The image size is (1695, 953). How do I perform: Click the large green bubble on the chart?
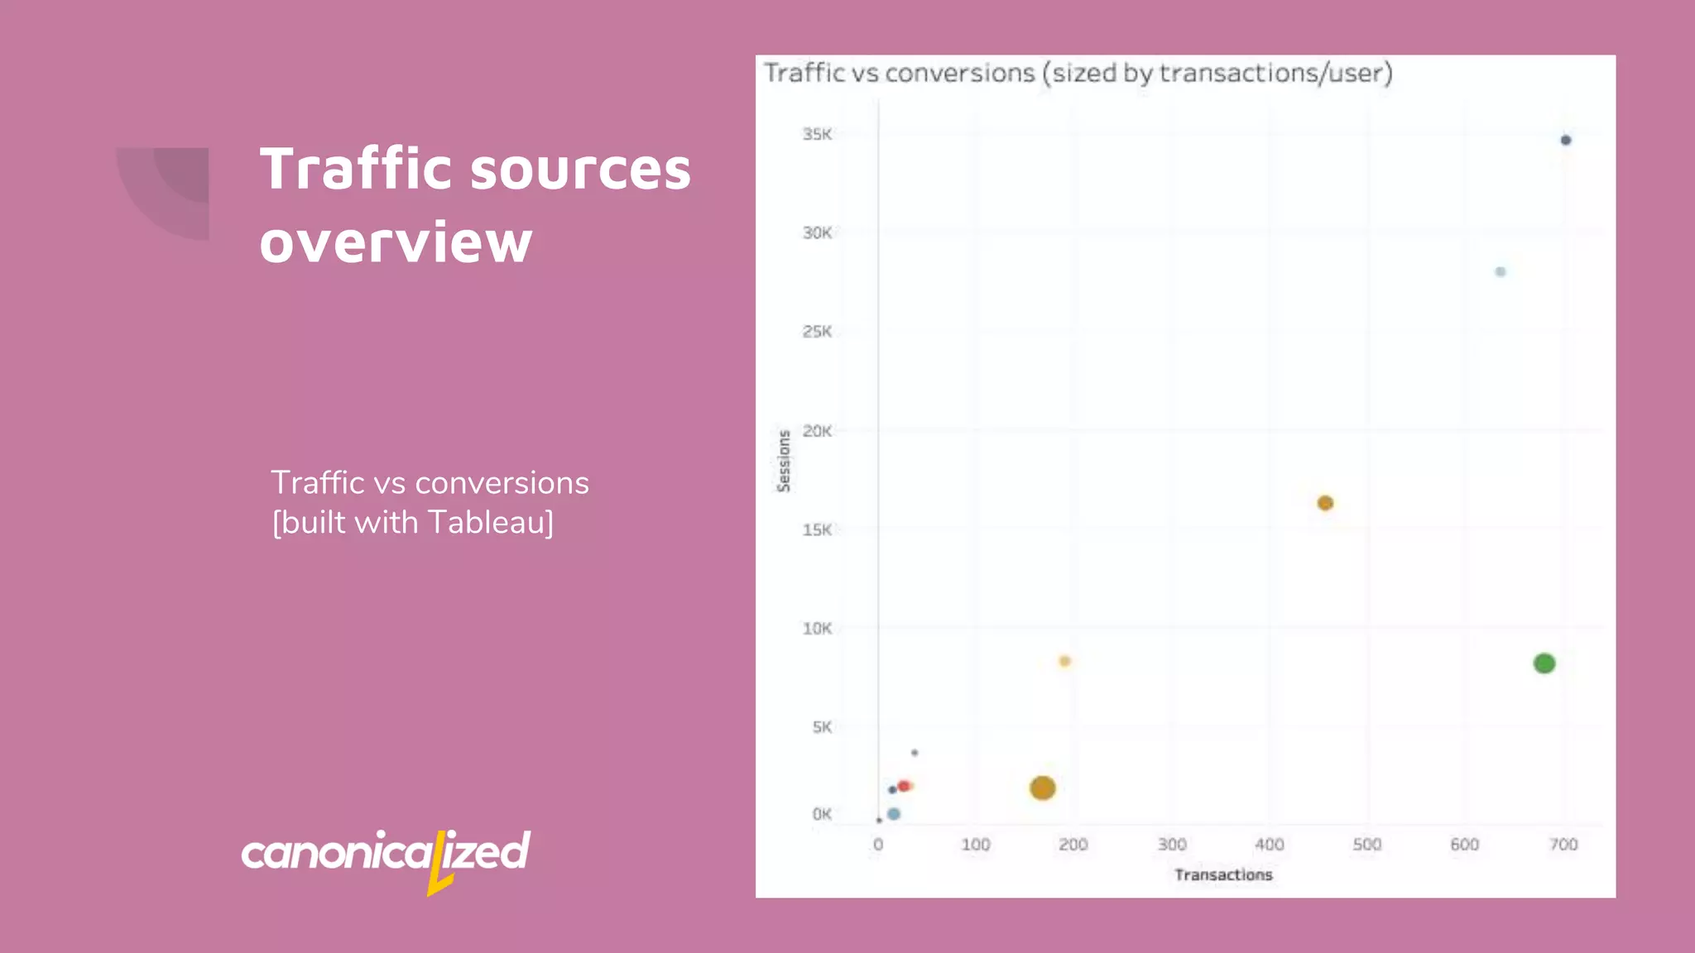[x=1544, y=663]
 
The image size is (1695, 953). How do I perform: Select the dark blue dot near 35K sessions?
[x=1565, y=141]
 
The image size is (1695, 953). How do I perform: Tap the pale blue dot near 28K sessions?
[x=1500, y=272]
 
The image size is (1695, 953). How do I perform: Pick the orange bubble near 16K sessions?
[x=1324, y=503]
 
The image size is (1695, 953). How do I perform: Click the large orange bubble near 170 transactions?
[x=1042, y=788]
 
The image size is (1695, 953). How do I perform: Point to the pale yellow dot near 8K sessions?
[x=1064, y=661]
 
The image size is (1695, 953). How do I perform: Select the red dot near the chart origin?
[x=904, y=786]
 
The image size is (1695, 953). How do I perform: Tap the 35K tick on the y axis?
[x=816, y=134]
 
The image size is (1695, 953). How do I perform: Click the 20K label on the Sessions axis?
[x=816, y=431]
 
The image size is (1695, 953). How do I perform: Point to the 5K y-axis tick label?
[x=821, y=727]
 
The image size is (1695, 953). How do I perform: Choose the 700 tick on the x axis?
[x=1563, y=845]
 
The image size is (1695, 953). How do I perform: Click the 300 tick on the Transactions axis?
[x=1171, y=845]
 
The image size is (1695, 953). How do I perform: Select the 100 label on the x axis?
[x=975, y=845]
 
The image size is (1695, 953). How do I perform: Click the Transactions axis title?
[x=1222, y=874]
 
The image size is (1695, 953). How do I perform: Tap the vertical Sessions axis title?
[x=783, y=461]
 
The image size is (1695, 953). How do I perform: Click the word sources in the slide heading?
[x=579, y=170]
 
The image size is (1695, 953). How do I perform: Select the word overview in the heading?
[x=396, y=242]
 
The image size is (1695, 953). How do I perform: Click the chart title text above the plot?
[x=1077, y=74]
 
